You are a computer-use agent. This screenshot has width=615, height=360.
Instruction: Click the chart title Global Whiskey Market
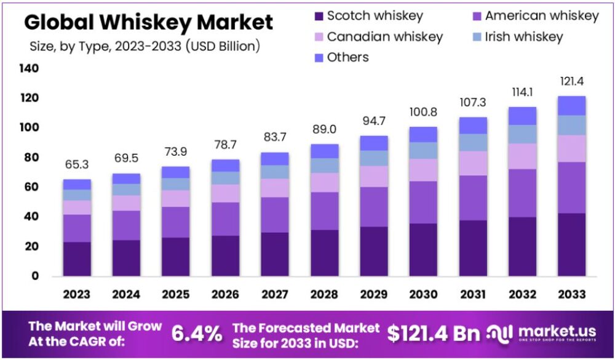point(148,22)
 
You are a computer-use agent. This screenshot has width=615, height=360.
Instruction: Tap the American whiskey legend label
point(542,16)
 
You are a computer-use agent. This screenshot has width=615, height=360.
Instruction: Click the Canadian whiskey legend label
point(384,37)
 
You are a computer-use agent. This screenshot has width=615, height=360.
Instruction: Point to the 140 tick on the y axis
point(30,68)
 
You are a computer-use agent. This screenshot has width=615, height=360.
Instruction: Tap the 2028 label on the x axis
point(325,294)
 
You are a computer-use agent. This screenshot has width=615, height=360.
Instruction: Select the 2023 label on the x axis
point(77,294)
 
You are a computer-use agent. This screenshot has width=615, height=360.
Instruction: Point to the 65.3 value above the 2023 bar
point(77,165)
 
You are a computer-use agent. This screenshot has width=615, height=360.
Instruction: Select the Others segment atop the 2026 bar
point(225,165)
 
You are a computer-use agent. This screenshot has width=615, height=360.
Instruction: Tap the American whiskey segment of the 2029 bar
point(374,207)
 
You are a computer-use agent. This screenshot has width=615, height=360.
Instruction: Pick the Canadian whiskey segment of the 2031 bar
point(473,163)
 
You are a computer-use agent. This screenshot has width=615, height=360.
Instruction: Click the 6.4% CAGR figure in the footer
point(196,334)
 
